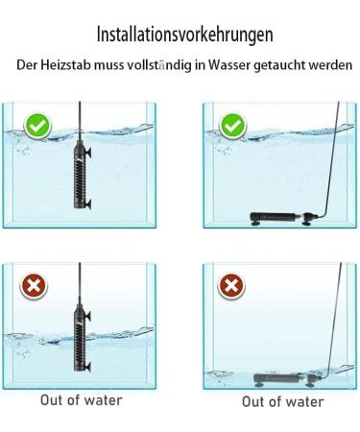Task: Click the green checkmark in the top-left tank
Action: (37, 126)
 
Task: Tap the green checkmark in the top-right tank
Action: (230, 126)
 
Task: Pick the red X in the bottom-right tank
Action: (230, 285)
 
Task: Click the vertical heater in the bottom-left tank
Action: (69, 336)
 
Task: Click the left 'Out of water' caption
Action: (81, 400)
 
